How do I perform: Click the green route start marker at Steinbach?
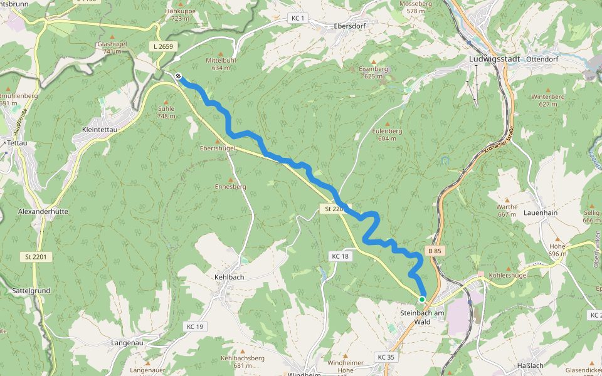pos(423,299)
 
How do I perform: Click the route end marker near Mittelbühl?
pos(179,76)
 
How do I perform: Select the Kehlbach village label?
pos(229,277)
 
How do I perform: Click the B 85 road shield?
pos(436,251)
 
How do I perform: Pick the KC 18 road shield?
pos(340,256)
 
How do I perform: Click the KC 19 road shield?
pos(195,326)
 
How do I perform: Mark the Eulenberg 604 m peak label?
pos(386,135)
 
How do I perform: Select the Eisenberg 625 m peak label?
pos(373,72)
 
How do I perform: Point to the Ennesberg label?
pos(230,187)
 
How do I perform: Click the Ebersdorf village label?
pos(350,26)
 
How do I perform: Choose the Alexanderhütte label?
pos(43,212)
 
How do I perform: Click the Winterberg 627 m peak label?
pos(547,100)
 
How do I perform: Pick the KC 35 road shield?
pos(386,357)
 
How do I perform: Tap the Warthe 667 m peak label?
pos(507,211)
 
